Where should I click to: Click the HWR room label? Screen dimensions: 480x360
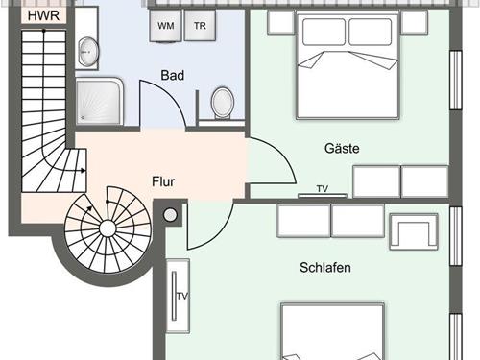tap(43, 15)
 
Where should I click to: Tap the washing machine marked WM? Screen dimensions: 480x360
tap(166, 26)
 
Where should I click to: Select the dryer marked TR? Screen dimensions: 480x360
tap(200, 26)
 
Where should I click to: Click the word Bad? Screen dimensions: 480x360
tap(173, 76)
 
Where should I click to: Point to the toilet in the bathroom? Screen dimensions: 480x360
tap(223, 103)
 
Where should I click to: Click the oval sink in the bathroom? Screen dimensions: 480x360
tap(88, 52)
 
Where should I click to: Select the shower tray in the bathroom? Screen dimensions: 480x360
tap(99, 101)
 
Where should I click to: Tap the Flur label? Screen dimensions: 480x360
tap(163, 181)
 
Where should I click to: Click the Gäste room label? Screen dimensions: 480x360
tap(342, 148)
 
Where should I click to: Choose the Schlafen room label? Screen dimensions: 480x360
tap(325, 268)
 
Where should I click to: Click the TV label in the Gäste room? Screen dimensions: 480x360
tap(323, 189)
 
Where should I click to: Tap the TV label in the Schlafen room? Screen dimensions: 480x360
tap(182, 297)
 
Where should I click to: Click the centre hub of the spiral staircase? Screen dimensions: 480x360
tap(108, 228)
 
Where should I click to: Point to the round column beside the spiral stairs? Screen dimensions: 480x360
tap(170, 215)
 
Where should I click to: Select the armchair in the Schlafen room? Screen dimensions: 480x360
tap(414, 231)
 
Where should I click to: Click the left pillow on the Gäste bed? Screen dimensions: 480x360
tap(324, 32)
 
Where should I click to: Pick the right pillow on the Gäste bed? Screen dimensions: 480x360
tap(371, 32)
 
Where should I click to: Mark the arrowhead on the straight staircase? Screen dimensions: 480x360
tap(84, 171)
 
